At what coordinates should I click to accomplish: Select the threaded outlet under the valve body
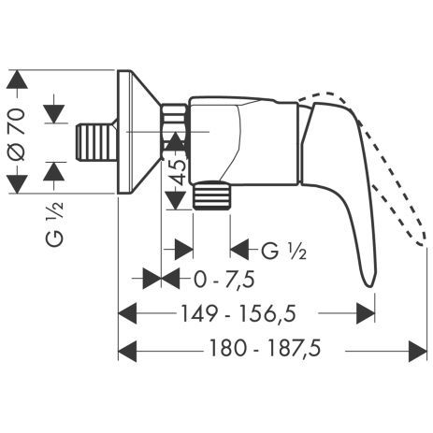tap(213, 197)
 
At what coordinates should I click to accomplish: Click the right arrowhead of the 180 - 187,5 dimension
tap(418, 350)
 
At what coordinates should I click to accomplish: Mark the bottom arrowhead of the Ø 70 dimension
tap(16, 186)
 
